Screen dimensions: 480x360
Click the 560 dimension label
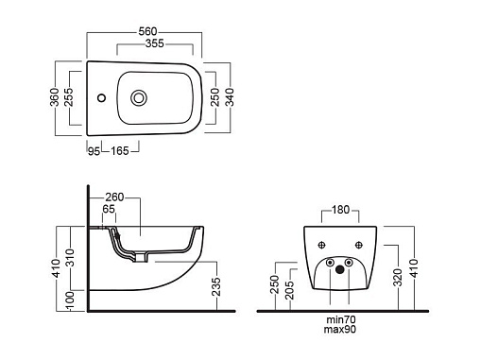tap(147, 31)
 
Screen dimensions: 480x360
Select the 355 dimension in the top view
tap(155, 43)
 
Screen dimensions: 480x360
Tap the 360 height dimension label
tap(55, 97)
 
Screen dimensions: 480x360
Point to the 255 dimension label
tap(68, 97)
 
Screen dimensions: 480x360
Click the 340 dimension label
tap(230, 97)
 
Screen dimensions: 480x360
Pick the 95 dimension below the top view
tap(94, 151)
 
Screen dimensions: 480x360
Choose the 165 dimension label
tap(120, 151)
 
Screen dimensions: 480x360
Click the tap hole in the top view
tap(101, 98)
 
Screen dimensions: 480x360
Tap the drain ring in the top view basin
tap(139, 98)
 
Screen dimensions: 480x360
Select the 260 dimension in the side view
tap(114, 197)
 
